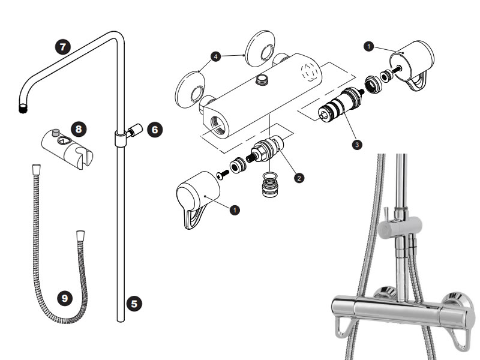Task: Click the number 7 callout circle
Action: [62, 46]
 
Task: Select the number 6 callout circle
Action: [154, 129]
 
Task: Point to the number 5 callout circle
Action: [135, 304]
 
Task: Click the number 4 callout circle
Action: [214, 56]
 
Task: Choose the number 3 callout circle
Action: [358, 144]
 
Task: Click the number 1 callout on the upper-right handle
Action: [370, 45]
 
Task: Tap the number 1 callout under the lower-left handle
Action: [235, 209]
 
